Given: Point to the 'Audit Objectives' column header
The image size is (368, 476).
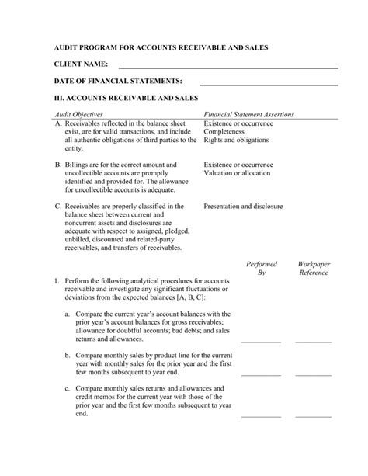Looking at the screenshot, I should [x=80, y=114].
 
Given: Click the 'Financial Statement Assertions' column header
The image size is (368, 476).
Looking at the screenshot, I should [x=248, y=114].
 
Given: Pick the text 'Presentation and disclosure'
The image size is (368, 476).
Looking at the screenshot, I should [x=243, y=207].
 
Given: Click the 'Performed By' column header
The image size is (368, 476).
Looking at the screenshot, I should [x=261, y=269].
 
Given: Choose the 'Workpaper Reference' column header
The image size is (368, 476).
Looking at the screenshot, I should [x=314, y=269].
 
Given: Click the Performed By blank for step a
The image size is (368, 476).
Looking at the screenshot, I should [x=261, y=340].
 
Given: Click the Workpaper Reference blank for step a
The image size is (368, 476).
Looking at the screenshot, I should [x=314, y=340].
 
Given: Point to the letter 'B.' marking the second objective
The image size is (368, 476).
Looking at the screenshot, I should [x=58, y=165].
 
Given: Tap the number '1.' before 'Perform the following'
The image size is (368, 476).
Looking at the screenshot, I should [x=57, y=280].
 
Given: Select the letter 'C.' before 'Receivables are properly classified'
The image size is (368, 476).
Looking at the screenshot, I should [x=58, y=207].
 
